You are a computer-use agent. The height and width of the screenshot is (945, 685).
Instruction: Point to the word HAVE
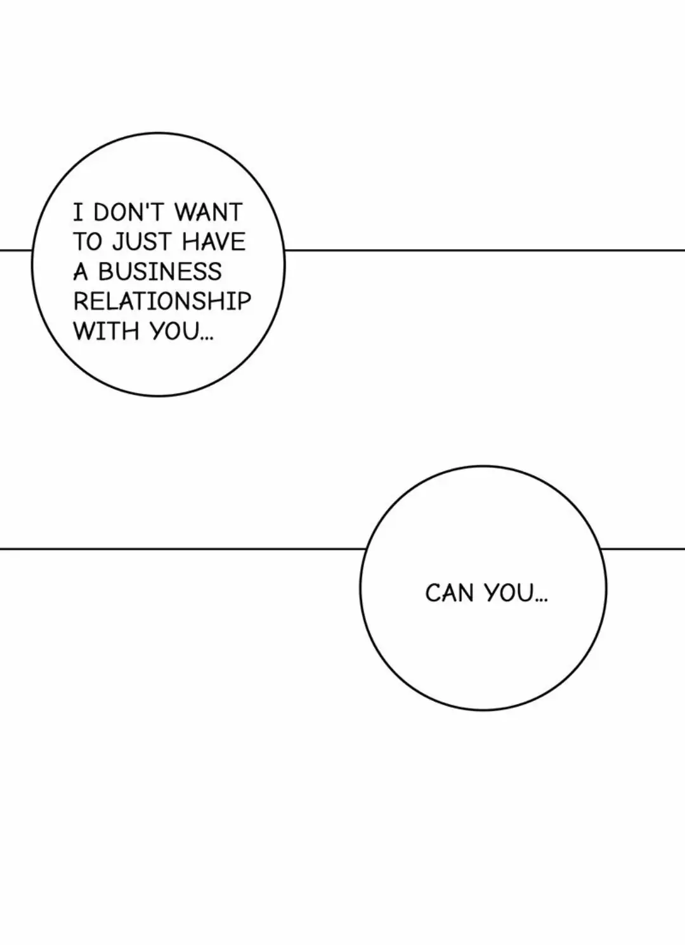tap(214, 242)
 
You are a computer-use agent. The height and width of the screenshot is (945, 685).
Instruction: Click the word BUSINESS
tap(160, 271)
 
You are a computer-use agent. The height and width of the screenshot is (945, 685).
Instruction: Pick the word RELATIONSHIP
tap(162, 301)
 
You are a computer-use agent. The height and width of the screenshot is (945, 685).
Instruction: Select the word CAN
tap(449, 593)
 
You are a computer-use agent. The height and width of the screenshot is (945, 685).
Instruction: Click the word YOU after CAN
tap(509, 593)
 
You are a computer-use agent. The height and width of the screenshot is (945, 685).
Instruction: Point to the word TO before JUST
tap(88, 242)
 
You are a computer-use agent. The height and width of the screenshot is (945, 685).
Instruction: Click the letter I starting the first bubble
tap(78, 212)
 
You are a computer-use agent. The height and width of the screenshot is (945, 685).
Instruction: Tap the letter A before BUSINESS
tap(80, 271)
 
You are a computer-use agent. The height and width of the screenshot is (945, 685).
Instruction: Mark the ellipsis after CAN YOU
tap(540, 601)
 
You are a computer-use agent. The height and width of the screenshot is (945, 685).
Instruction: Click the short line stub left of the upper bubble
tap(16, 250)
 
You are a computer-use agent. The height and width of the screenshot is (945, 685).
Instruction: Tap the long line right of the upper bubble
tap(485, 250)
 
